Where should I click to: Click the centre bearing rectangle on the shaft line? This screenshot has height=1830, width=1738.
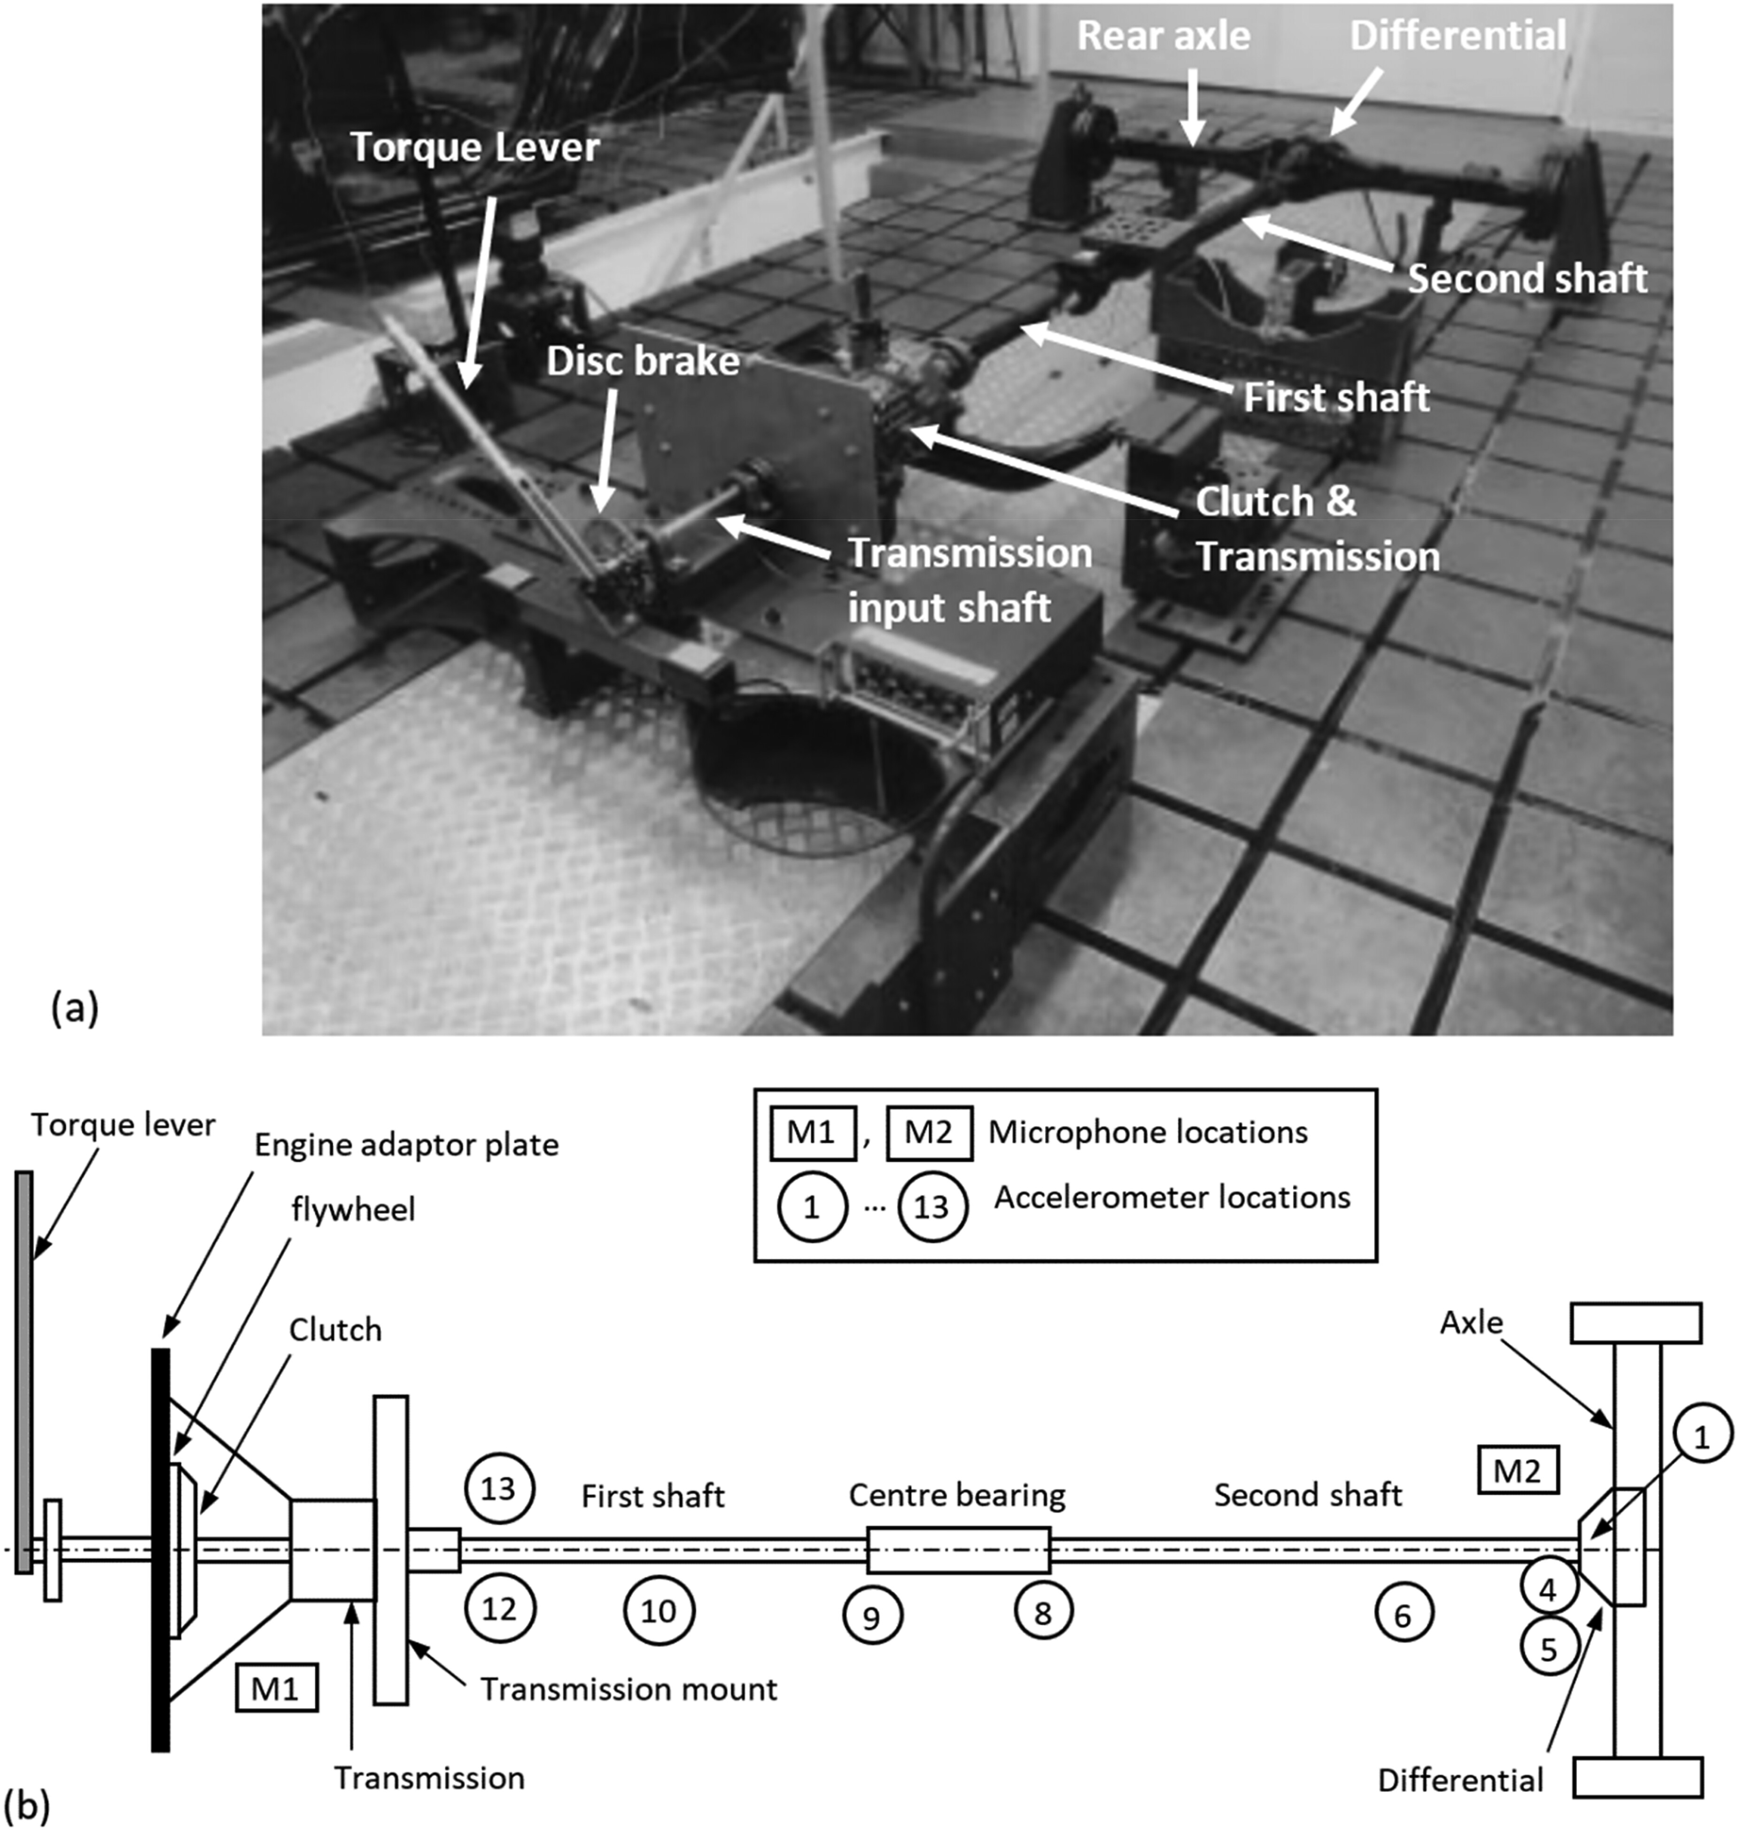click(959, 1550)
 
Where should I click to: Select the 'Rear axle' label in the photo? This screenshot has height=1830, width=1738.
click(1164, 35)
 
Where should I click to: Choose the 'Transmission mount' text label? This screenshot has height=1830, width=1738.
click(628, 1689)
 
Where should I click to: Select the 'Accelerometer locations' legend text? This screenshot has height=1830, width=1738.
click(1172, 1197)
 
